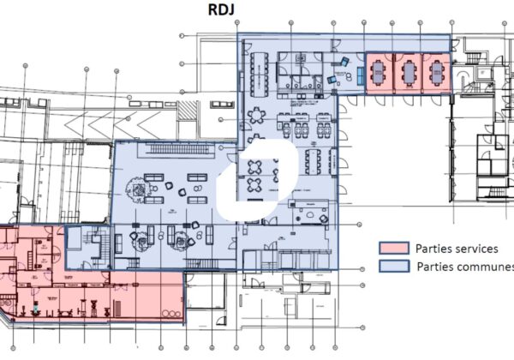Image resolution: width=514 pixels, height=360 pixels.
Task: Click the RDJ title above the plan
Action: pyautogui.click(x=221, y=9)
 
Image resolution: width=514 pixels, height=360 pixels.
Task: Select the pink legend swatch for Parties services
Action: pyautogui.click(x=394, y=249)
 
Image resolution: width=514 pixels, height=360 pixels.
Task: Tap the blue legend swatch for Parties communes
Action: pyautogui.click(x=394, y=267)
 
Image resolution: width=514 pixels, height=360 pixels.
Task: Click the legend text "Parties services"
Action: pyautogui.click(x=457, y=249)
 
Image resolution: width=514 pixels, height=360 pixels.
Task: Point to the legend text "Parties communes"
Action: pyautogui.click(x=465, y=267)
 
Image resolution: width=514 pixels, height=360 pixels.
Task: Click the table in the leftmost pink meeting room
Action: pyautogui.click(x=379, y=73)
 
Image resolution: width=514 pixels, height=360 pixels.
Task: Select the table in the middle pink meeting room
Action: pyautogui.click(x=408, y=73)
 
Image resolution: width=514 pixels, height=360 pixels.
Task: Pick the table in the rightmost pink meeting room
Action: pyautogui.click(x=437, y=73)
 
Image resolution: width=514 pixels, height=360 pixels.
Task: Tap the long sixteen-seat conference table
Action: pyautogui.click(x=260, y=75)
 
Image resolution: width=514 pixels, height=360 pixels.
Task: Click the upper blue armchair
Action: pyautogui.click(x=344, y=62)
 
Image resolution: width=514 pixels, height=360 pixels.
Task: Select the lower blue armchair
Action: pyautogui.click(x=332, y=80)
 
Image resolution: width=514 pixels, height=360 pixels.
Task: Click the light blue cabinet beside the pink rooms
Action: pyautogui.click(x=361, y=75)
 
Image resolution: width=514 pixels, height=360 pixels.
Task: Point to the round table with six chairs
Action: pyautogui.click(x=257, y=116)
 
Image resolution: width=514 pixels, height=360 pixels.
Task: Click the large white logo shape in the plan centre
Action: pyautogui.click(x=258, y=180)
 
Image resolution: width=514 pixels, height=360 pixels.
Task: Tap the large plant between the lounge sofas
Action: pyautogui.click(x=139, y=188)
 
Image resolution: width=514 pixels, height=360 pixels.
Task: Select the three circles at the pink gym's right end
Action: pyautogui.click(x=171, y=314)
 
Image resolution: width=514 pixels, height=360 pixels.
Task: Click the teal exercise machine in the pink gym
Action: pyautogui.click(x=35, y=309)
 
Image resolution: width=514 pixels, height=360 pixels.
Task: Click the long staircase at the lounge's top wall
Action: pyautogui.click(x=179, y=149)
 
